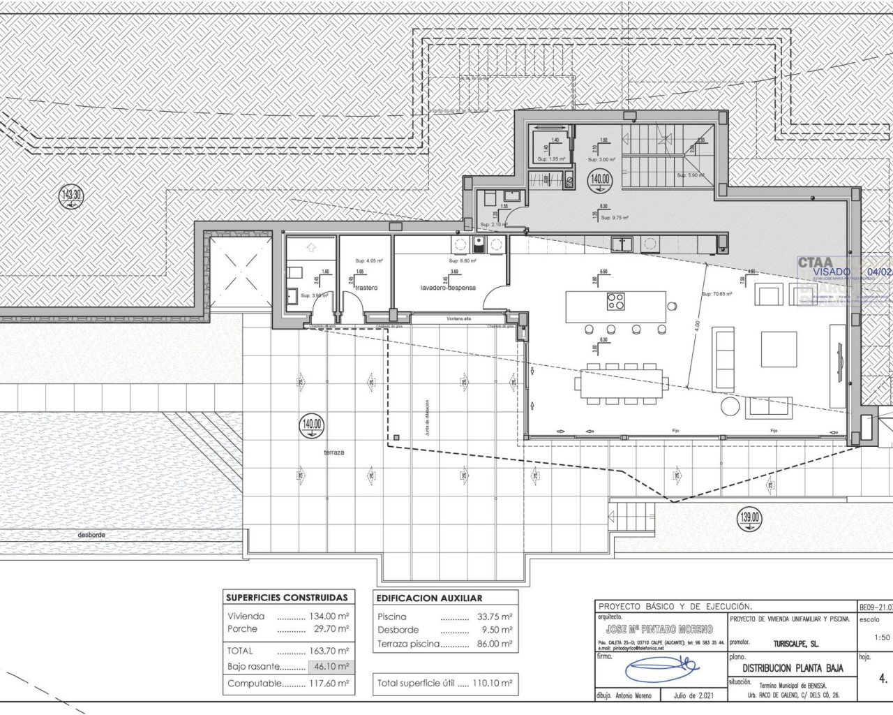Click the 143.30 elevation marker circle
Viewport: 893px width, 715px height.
pos(72,196)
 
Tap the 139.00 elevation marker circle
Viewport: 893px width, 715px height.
pos(750,518)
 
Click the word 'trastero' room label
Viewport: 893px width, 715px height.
pos(366,288)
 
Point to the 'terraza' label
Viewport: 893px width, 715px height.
pos(333,452)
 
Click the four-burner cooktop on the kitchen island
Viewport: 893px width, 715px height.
pos(616,302)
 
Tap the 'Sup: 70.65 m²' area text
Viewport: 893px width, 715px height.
pos(716,295)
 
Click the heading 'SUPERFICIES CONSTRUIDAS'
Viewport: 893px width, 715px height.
pos(287,598)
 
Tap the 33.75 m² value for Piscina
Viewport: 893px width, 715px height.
pos(494,617)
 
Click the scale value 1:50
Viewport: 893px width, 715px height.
pos(882,637)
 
